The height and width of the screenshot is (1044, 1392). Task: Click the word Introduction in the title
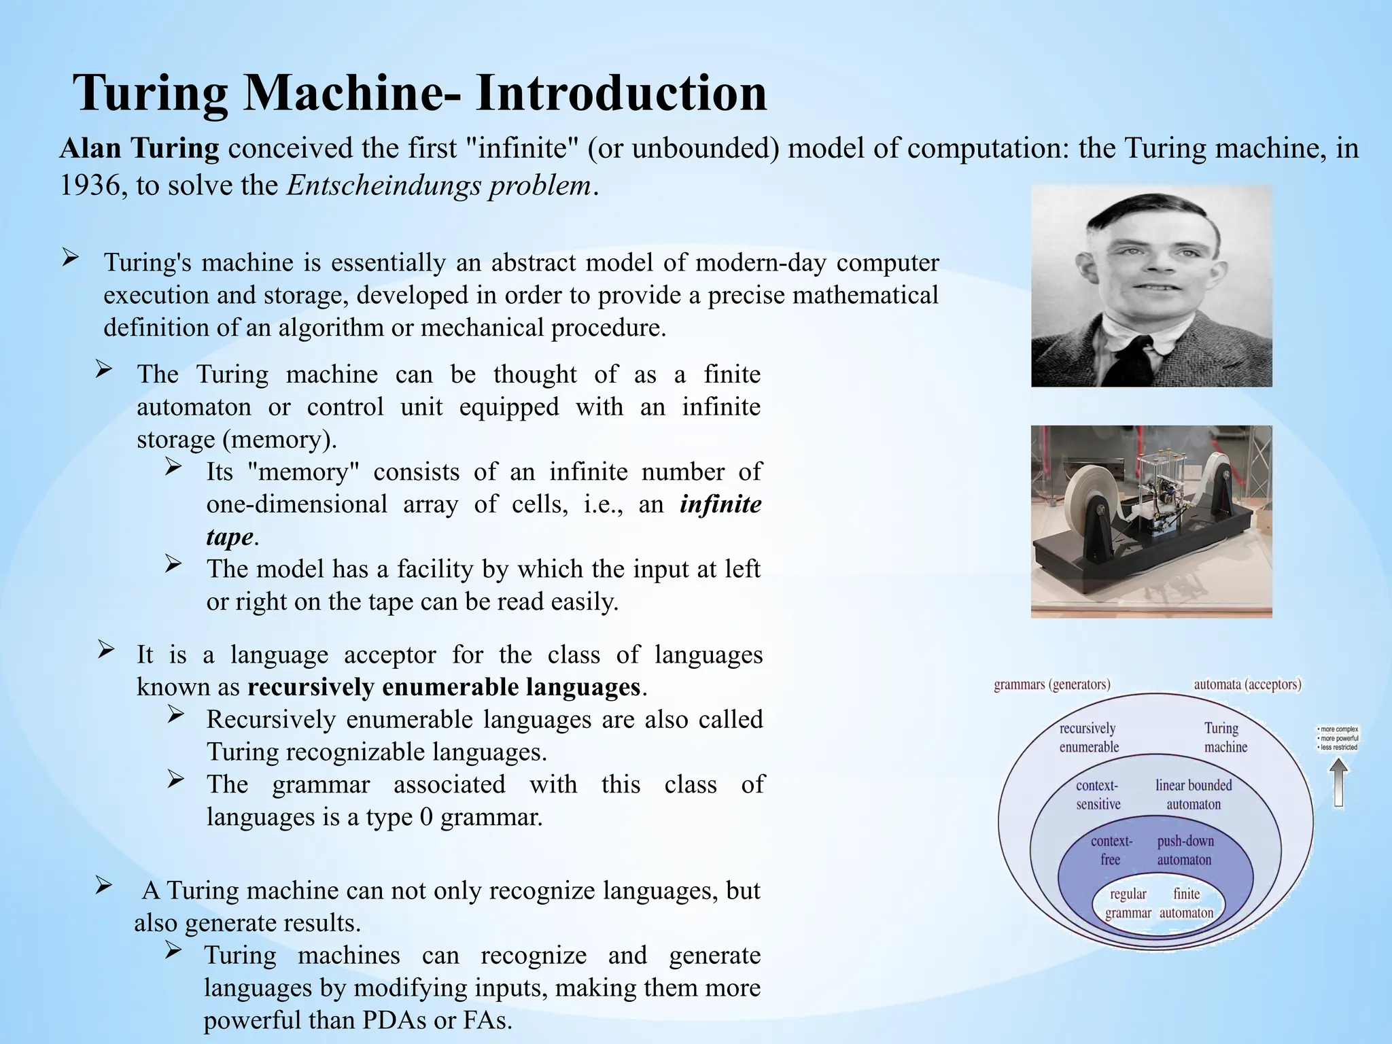[621, 92]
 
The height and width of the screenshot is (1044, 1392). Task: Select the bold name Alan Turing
[139, 148]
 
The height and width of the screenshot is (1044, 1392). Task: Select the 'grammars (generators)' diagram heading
[1051, 684]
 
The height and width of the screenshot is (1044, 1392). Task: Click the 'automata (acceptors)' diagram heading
[1247, 684]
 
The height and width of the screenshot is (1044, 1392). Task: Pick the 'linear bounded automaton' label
[1194, 795]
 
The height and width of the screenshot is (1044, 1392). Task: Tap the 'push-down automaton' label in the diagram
[1185, 850]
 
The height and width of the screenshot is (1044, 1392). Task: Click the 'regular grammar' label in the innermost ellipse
[1128, 903]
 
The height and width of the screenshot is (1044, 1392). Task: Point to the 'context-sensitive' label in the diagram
[1098, 795]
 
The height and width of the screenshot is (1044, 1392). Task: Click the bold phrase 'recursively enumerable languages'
[444, 687]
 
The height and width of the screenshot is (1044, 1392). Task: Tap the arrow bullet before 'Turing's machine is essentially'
[71, 258]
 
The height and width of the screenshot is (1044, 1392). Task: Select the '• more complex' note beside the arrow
[1338, 729]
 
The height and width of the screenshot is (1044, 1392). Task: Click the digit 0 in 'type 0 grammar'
[426, 816]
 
